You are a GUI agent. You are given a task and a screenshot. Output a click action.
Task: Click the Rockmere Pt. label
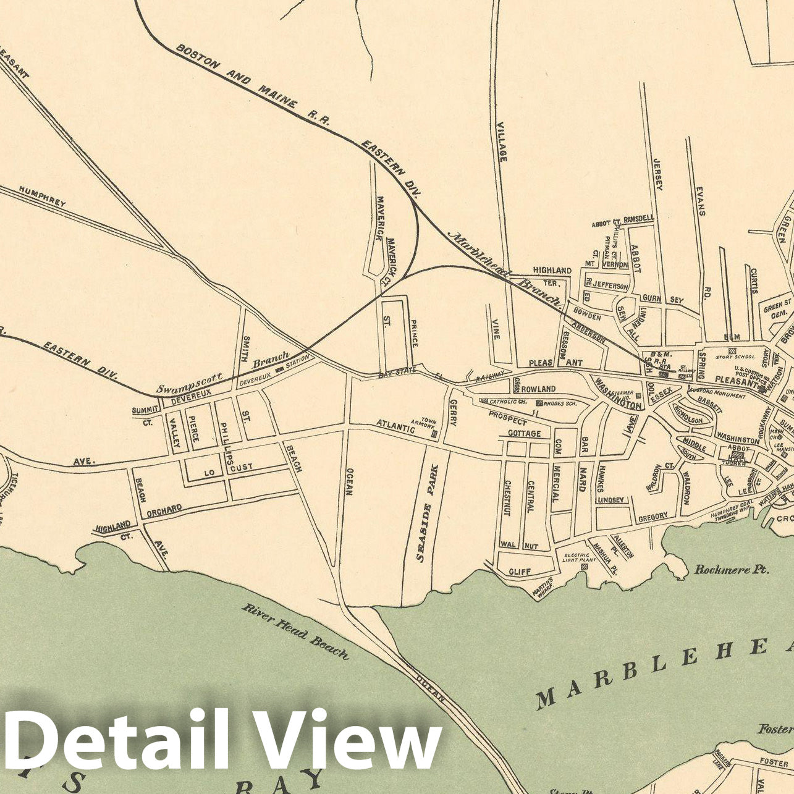point(732,569)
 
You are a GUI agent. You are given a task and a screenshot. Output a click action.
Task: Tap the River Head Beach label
point(295,630)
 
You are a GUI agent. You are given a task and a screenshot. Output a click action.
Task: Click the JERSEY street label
point(657,174)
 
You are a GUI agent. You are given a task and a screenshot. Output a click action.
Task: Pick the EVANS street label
point(700,201)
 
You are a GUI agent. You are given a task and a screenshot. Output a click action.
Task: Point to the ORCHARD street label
point(164,510)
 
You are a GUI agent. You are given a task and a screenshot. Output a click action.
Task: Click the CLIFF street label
point(520,572)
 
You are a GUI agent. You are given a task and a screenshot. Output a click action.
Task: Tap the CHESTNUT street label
point(507,497)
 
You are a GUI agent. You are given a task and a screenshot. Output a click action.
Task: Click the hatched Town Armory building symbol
point(434,434)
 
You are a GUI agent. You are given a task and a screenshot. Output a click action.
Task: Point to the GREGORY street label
point(653,515)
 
